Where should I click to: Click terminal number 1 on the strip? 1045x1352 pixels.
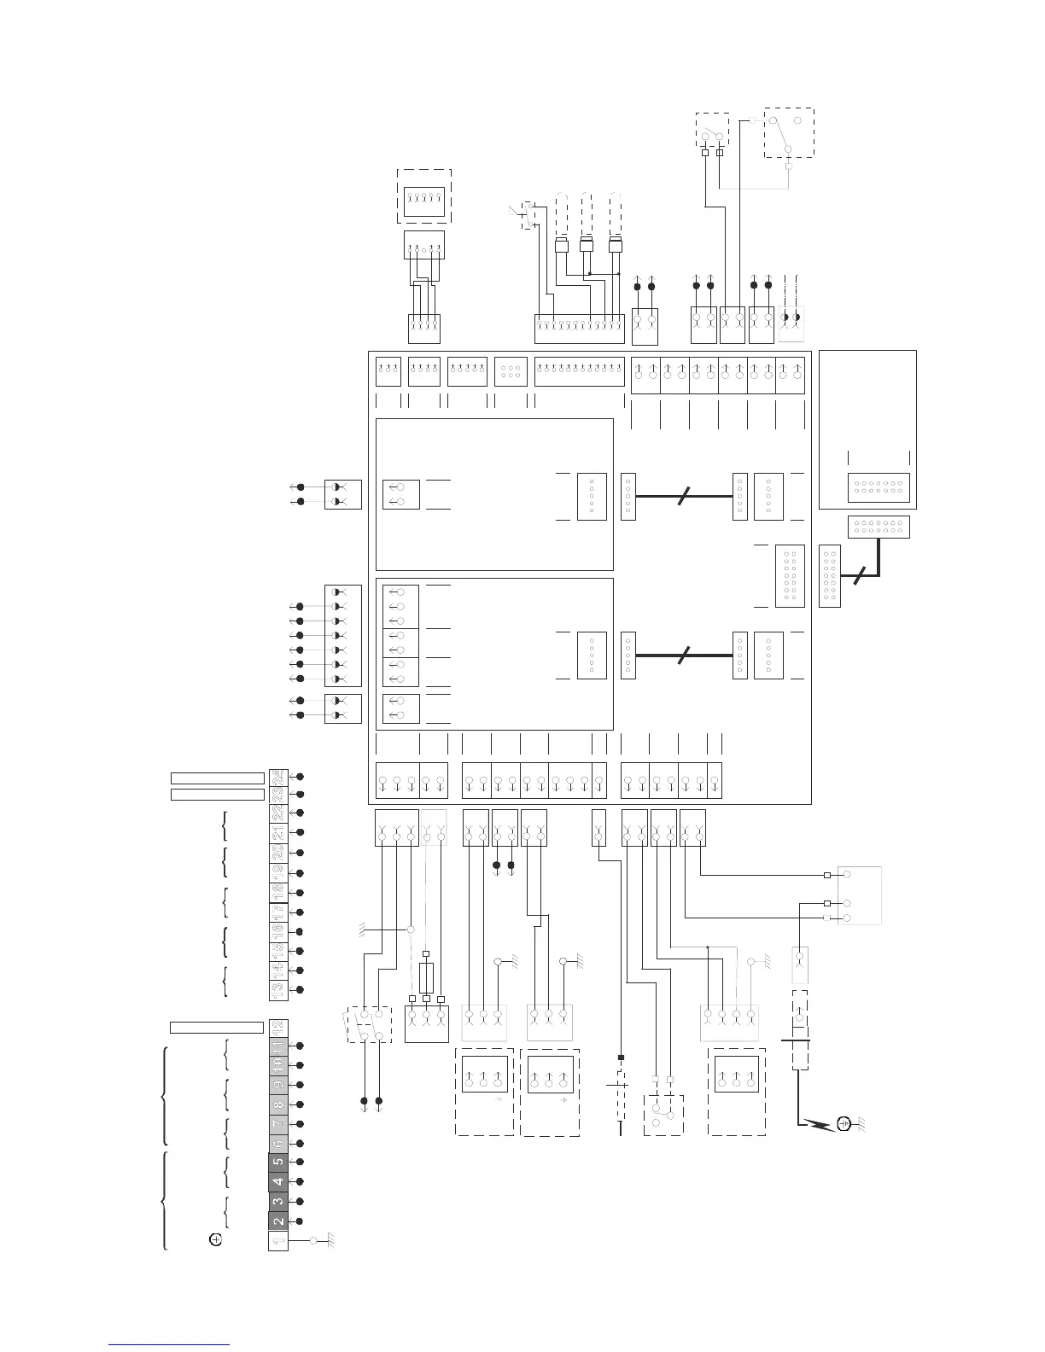[277, 1240]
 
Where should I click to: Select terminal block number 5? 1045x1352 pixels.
[277, 1162]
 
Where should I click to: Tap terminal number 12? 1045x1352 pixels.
[277, 1027]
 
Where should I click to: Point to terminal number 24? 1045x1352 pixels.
[277, 778]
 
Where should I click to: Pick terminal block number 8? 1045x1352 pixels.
[277, 1104]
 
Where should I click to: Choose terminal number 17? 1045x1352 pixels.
[277, 912]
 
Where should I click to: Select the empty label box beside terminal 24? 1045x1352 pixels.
[217, 778]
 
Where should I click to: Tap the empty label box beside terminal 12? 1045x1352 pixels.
[216, 1027]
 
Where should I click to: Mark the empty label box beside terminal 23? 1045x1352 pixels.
[217, 795]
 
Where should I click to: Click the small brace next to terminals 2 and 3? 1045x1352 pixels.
[225, 1211]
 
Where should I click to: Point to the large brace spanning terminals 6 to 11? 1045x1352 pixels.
[166, 1094]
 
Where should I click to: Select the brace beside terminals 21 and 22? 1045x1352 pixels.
[224, 825]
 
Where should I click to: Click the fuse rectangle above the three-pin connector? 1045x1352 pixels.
[426, 975]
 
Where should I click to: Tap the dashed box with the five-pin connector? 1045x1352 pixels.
[424, 197]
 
